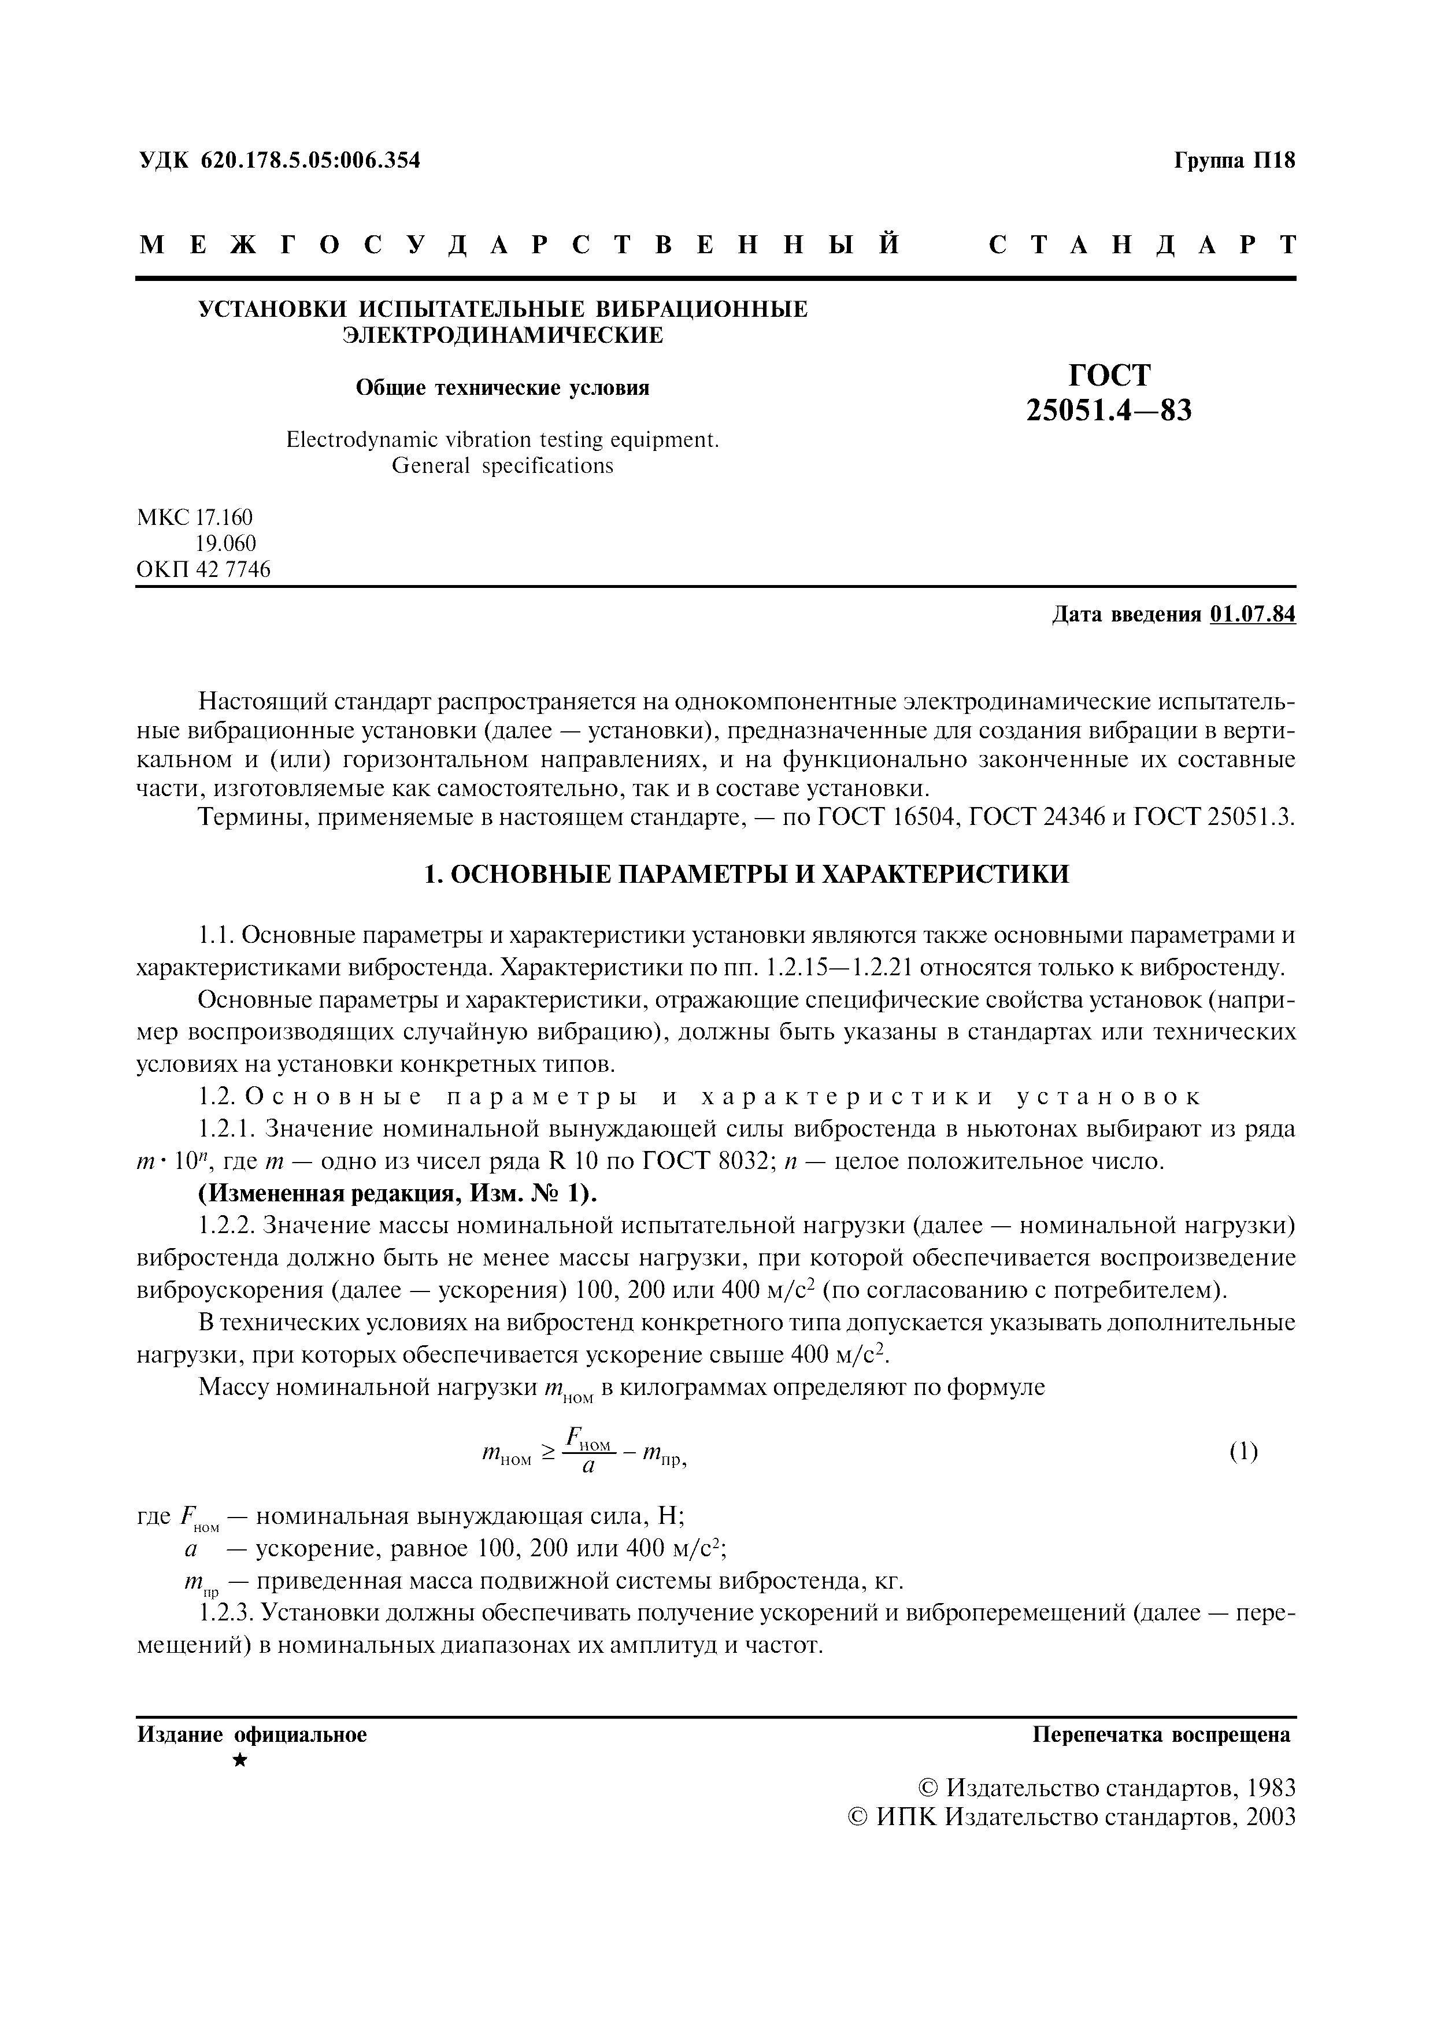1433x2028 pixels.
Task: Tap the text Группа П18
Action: click(1234, 161)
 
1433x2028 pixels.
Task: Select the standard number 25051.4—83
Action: click(1109, 410)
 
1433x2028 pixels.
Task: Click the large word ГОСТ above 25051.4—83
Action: click(1110, 375)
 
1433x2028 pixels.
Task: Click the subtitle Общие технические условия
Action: click(502, 388)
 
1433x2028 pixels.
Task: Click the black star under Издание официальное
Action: click(240, 1761)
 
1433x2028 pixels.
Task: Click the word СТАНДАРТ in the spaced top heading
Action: click(1142, 246)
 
